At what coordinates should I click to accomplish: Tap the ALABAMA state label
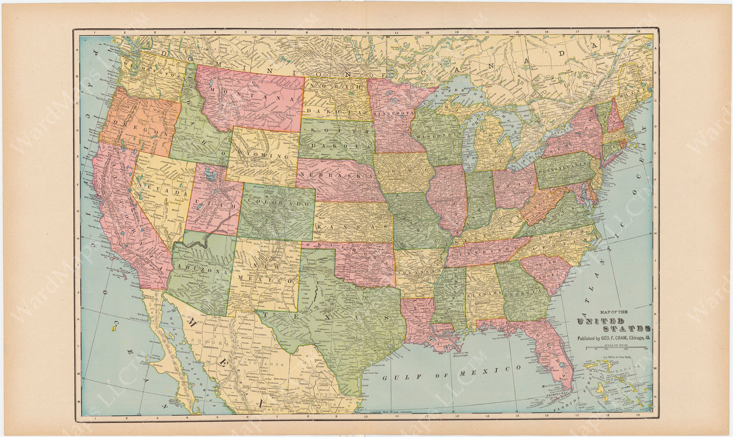tap(484, 294)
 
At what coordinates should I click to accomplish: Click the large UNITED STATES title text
tap(614, 325)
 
